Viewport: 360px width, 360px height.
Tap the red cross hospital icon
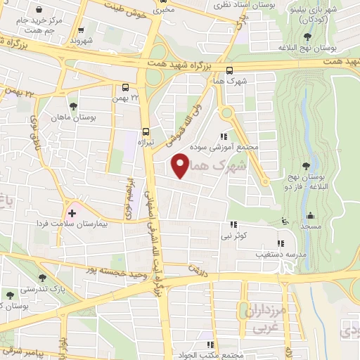coord(72,212)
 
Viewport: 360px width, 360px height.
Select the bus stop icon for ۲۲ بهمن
coord(125,88)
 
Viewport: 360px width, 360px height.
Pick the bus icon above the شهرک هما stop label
coord(230,70)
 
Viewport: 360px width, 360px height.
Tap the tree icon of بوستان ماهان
coord(73,106)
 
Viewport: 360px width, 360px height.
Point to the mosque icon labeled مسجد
coord(310,215)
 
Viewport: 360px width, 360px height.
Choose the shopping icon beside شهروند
coord(82,30)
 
